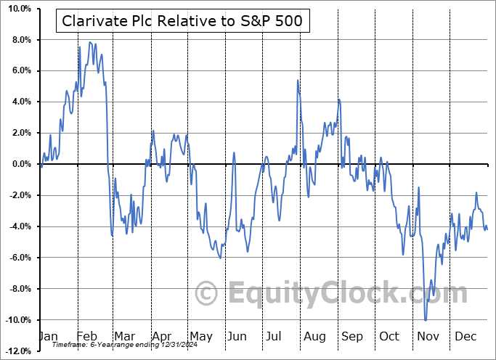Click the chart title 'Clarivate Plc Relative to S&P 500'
183,22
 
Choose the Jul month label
275,336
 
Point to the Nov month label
427,336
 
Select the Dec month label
465,336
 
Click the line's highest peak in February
90,42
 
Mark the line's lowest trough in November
426,320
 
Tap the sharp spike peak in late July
298,80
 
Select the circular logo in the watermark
208,293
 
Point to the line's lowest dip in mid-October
403,255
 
